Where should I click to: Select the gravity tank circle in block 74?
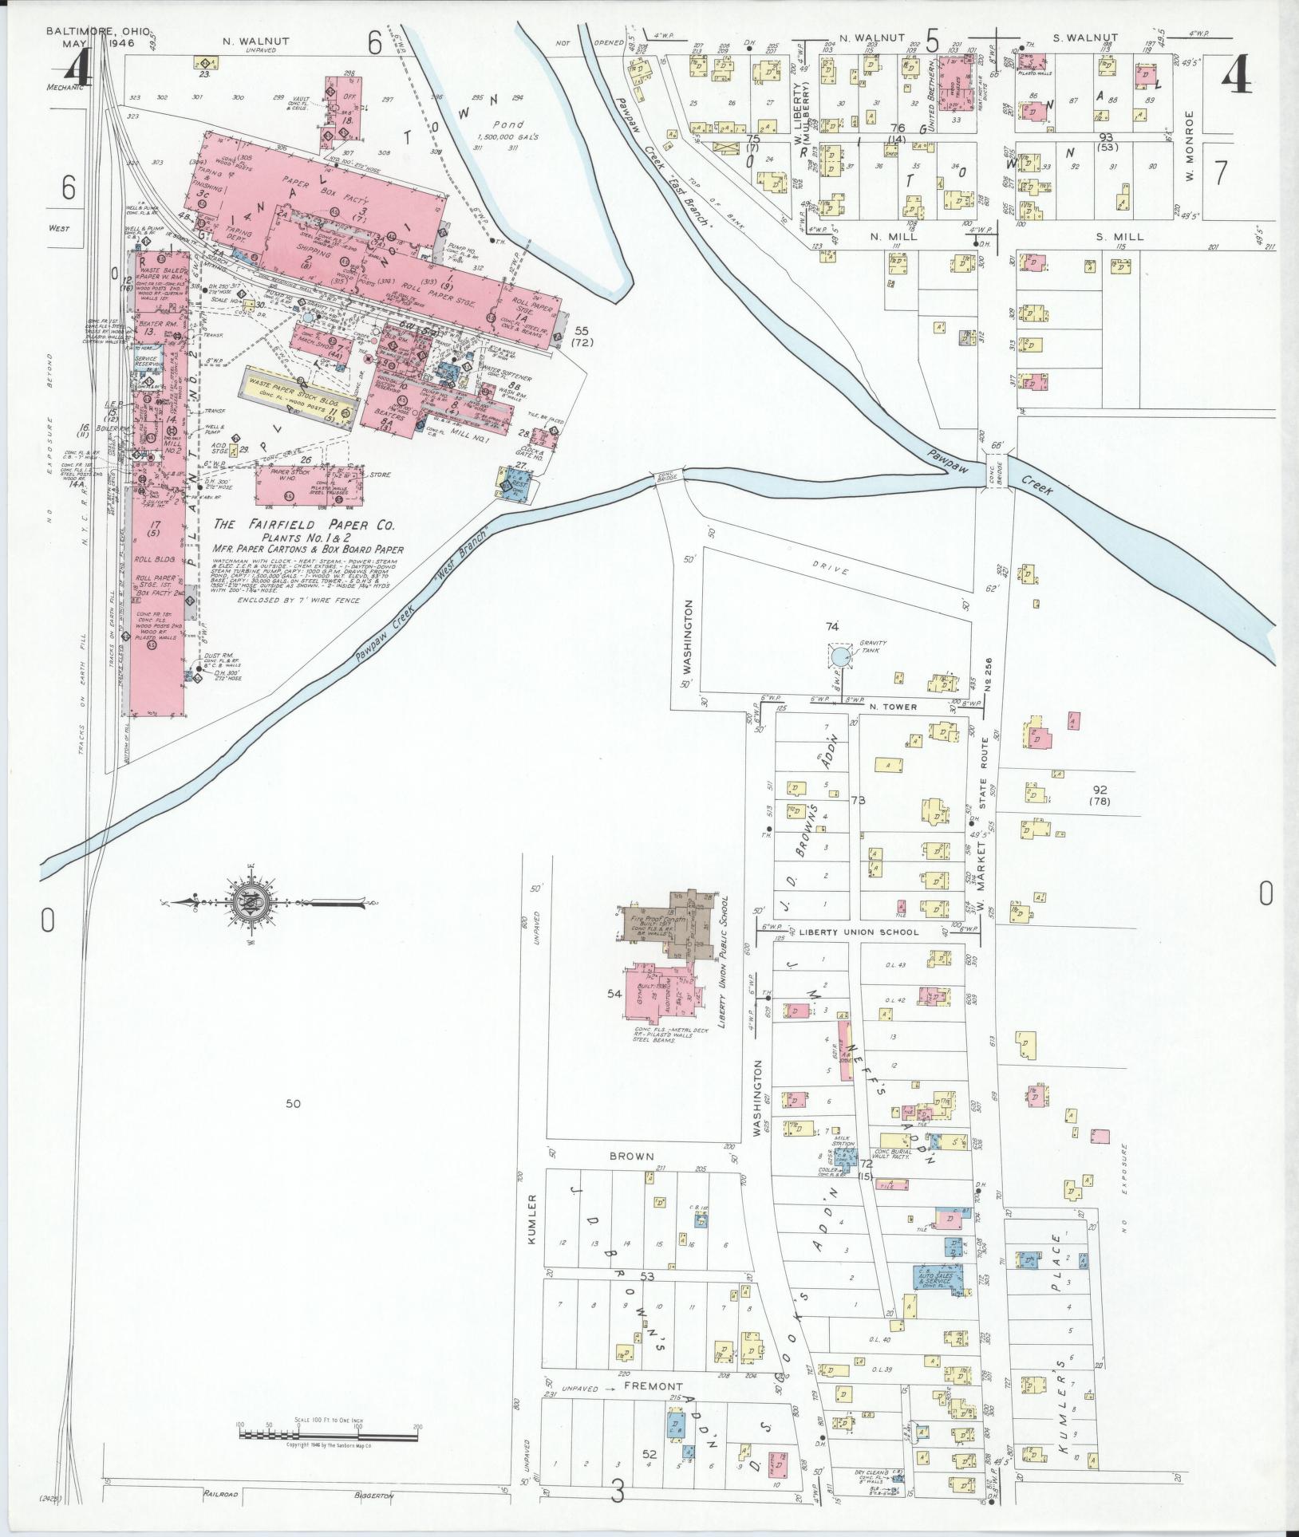840,656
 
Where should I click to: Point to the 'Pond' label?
507,124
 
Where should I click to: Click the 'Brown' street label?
631,1156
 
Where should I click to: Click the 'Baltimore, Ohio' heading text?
97,31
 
